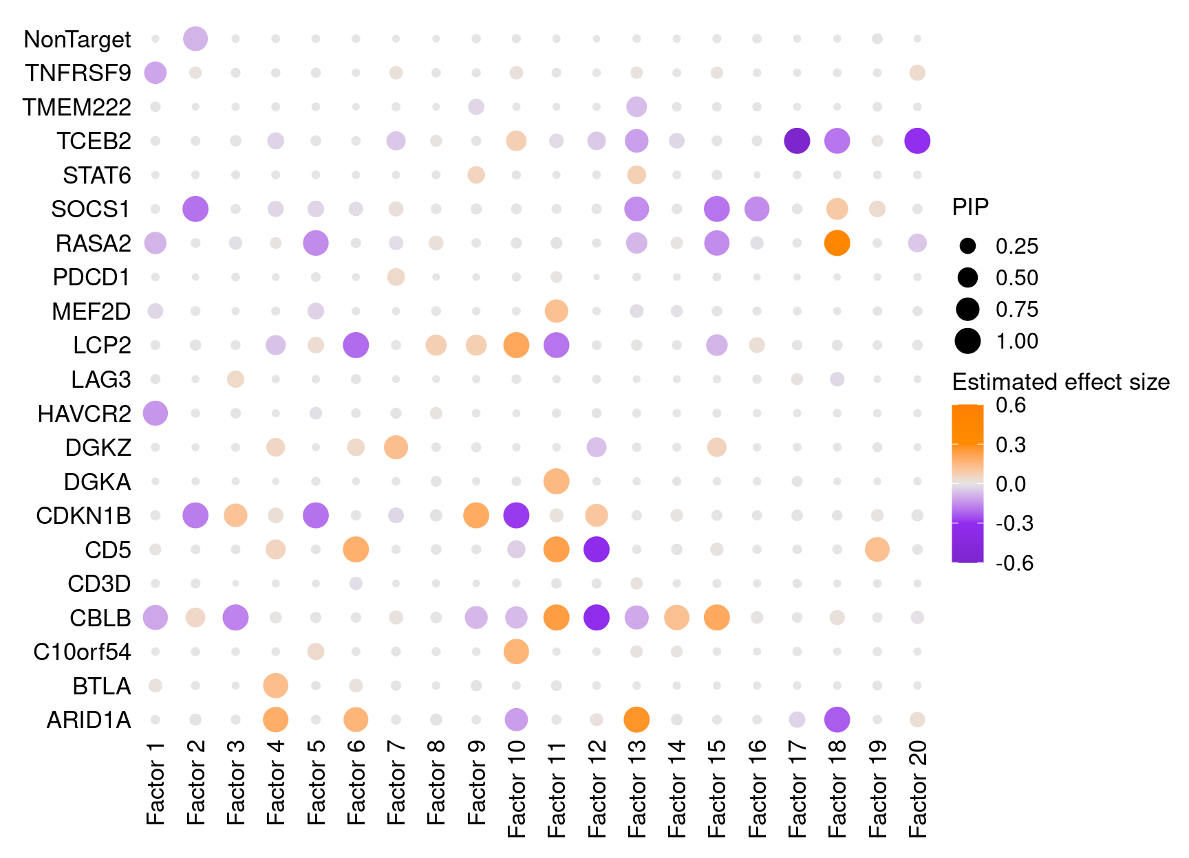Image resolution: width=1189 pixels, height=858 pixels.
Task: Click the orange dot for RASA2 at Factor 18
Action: tap(837, 243)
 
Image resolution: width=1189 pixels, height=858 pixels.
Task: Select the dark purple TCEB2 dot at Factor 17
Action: tap(797, 141)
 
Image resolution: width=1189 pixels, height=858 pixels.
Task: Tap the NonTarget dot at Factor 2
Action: tap(195, 39)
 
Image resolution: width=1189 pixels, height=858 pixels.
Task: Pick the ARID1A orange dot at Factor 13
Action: tap(636, 720)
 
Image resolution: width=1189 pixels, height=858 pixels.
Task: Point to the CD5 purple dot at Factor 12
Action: tap(597, 549)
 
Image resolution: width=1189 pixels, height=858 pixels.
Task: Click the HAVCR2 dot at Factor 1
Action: tap(156, 414)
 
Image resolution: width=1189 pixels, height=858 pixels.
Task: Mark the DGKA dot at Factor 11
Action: tap(556, 481)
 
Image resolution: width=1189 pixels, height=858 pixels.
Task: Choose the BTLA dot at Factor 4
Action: tap(275, 685)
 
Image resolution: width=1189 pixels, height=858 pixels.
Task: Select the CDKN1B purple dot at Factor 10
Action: tap(516, 515)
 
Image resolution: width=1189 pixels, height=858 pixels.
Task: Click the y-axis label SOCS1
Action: tap(91, 209)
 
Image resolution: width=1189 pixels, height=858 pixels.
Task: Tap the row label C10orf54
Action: tap(82, 652)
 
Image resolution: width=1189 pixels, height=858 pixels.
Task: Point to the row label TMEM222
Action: tap(76, 107)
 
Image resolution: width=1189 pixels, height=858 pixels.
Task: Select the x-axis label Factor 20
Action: tap(917, 789)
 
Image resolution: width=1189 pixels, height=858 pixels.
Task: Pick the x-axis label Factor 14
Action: tap(676, 789)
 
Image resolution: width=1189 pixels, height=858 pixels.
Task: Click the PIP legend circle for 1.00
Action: tap(967, 341)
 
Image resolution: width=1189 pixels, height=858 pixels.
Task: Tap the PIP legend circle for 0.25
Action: tap(967, 246)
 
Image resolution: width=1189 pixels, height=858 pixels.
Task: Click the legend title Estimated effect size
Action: tap(1060, 382)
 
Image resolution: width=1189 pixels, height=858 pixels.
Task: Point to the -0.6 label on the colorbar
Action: tap(1014, 563)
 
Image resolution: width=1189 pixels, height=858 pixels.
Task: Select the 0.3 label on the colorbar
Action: tap(1011, 445)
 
